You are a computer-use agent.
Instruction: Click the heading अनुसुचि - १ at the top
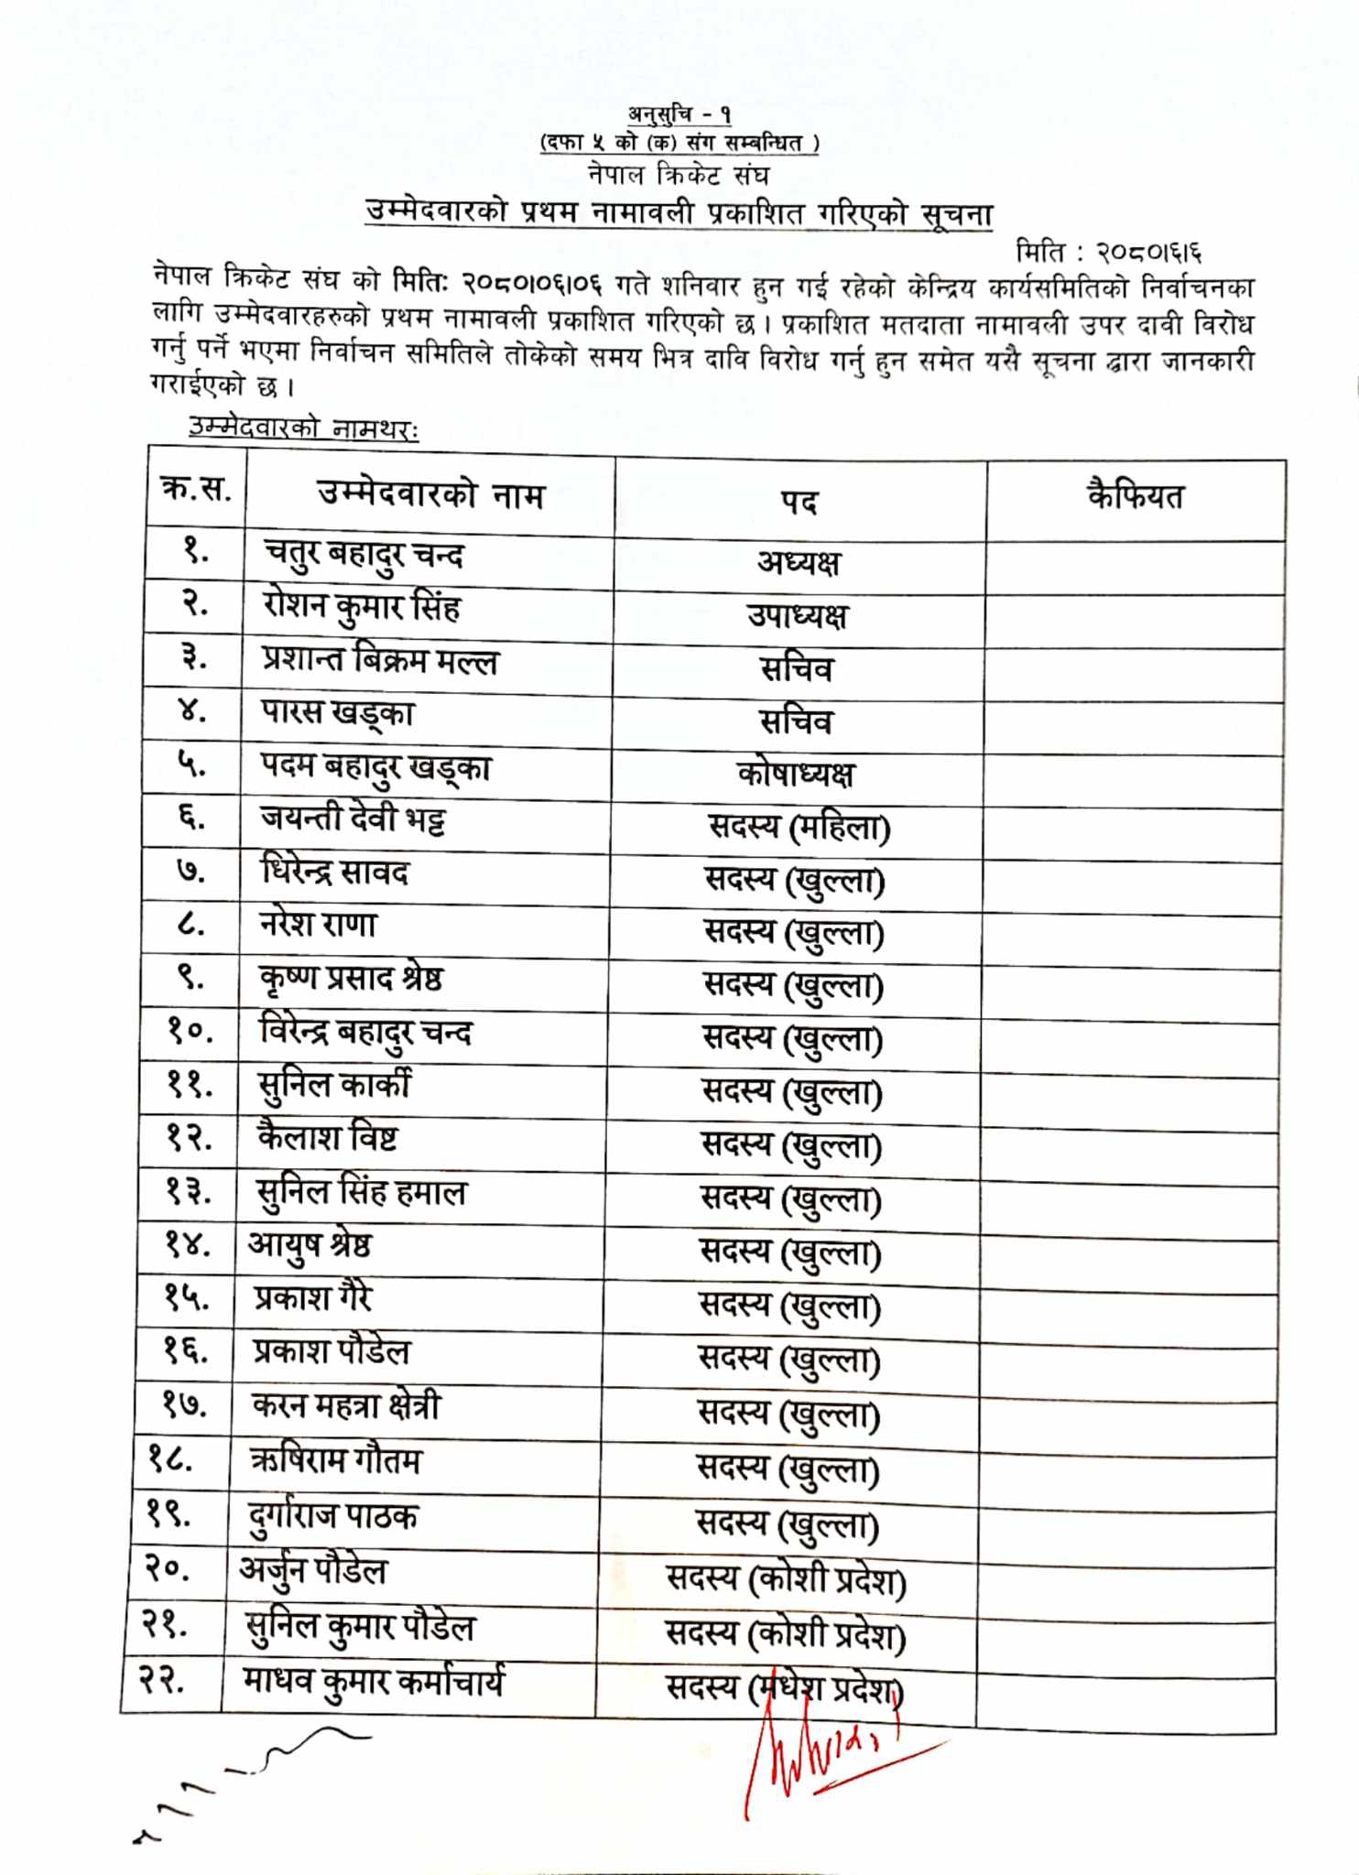(679, 114)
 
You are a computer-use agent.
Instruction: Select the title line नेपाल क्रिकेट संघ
(679, 174)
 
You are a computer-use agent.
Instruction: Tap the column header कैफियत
(1135, 496)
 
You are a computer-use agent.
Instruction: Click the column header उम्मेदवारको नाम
(430, 494)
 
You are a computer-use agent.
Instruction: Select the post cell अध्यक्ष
(799, 562)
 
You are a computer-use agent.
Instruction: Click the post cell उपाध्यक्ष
(797, 615)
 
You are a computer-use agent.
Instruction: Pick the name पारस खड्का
(338, 713)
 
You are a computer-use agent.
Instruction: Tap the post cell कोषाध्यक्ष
(795, 775)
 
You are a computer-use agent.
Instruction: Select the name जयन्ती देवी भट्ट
(353, 818)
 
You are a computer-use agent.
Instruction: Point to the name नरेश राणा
(318, 925)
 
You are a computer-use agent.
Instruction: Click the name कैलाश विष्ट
(328, 1138)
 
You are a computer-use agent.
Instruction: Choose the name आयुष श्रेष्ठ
(310, 1246)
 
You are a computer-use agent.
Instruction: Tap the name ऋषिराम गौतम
(335, 1461)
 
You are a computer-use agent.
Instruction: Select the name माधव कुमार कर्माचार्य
(373, 1681)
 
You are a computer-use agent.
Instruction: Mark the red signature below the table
(824, 1762)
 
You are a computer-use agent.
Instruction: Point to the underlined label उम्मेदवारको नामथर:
(303, 428)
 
